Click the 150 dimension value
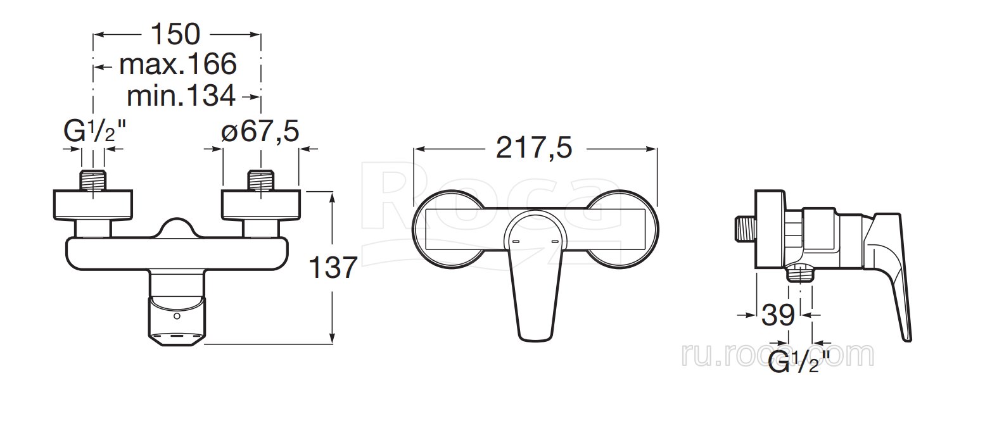[175, 34]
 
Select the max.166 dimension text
[178, 64]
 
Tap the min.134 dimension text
[181, 96]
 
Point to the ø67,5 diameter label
[260, 131]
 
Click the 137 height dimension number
[333, 267]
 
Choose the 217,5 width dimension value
[534, 147]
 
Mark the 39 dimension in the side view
[778, 315]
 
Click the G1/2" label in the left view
[95, 131]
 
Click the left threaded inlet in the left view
[92, 180]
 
